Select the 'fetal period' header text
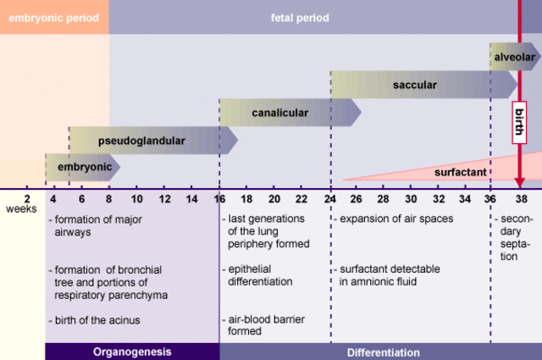point(300,18)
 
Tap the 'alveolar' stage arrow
point(514,57)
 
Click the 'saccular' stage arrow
point(415,85)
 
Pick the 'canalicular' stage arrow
point(280,113)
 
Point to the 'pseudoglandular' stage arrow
point(141,141)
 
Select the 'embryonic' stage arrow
point(84,168)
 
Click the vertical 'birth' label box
point(520,125)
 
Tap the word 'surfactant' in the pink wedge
point(460,172)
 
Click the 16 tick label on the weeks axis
point(218,199)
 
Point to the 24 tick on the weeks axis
point(329,199)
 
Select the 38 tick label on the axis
point(520,199)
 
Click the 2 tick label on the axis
point(27,199)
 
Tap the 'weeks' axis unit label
point(21,209)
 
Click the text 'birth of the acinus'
point(96,319)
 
